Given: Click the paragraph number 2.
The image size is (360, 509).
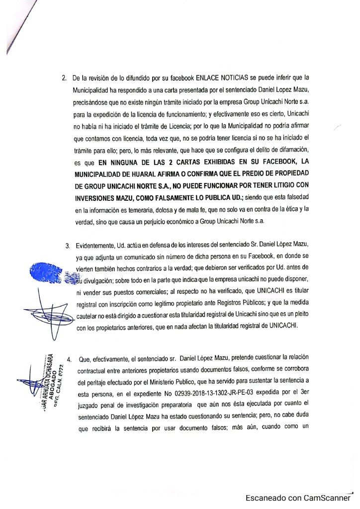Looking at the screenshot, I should pyautogui.click(x=63, y=79).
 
